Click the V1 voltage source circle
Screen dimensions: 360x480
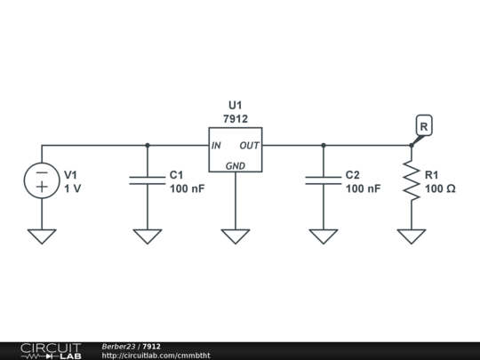[42, 181]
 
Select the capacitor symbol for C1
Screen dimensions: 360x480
[148, 181]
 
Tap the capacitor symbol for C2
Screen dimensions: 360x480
[324, 181]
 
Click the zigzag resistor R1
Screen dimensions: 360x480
[412, 181]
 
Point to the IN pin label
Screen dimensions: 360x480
[216, 145]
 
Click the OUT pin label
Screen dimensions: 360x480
[249, 145]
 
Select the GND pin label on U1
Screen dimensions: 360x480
[236, 165]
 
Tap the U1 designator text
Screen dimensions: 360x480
[236, 103]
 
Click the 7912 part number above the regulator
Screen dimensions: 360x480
[236, 118]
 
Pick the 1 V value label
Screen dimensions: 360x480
[72, 189]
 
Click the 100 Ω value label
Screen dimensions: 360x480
[440, 189]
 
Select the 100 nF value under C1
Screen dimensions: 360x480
[187, 189]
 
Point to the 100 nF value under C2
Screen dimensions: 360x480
[363, 189]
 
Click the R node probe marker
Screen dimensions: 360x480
[424, 127]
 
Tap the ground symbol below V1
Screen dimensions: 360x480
[42, 236]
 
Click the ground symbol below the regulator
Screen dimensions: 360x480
[236, 236]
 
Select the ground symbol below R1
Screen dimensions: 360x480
[412, 236]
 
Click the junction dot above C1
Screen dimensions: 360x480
[148, 145]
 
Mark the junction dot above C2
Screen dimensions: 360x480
[324, 145]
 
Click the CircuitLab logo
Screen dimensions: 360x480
[50, 350]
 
